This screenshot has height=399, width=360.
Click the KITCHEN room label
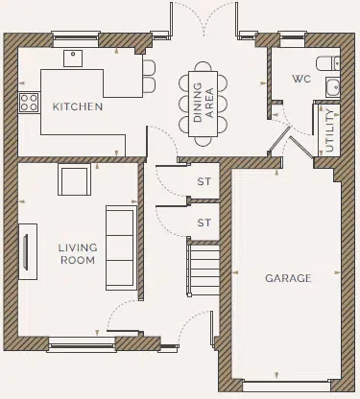coord(78,106)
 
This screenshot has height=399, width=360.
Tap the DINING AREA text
coord(203,103)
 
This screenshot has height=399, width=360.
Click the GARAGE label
coord(288,278)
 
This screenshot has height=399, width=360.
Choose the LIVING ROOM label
coord(78,253)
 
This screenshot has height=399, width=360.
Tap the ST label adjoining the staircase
coord(203,223)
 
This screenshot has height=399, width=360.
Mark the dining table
coord(203,103)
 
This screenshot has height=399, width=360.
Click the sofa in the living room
coord(120,247)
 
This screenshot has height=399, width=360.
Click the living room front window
coord(78,339)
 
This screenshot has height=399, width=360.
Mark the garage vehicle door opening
coord(290,383)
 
